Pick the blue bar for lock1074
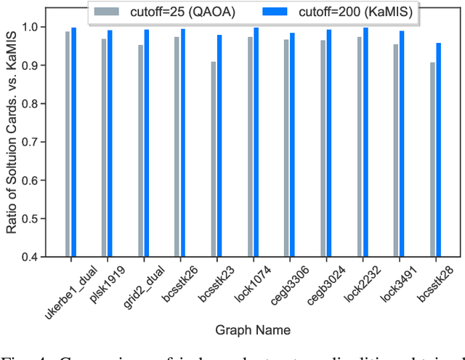(x=255, y=142)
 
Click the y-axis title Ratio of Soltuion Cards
(x=12, y=141)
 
